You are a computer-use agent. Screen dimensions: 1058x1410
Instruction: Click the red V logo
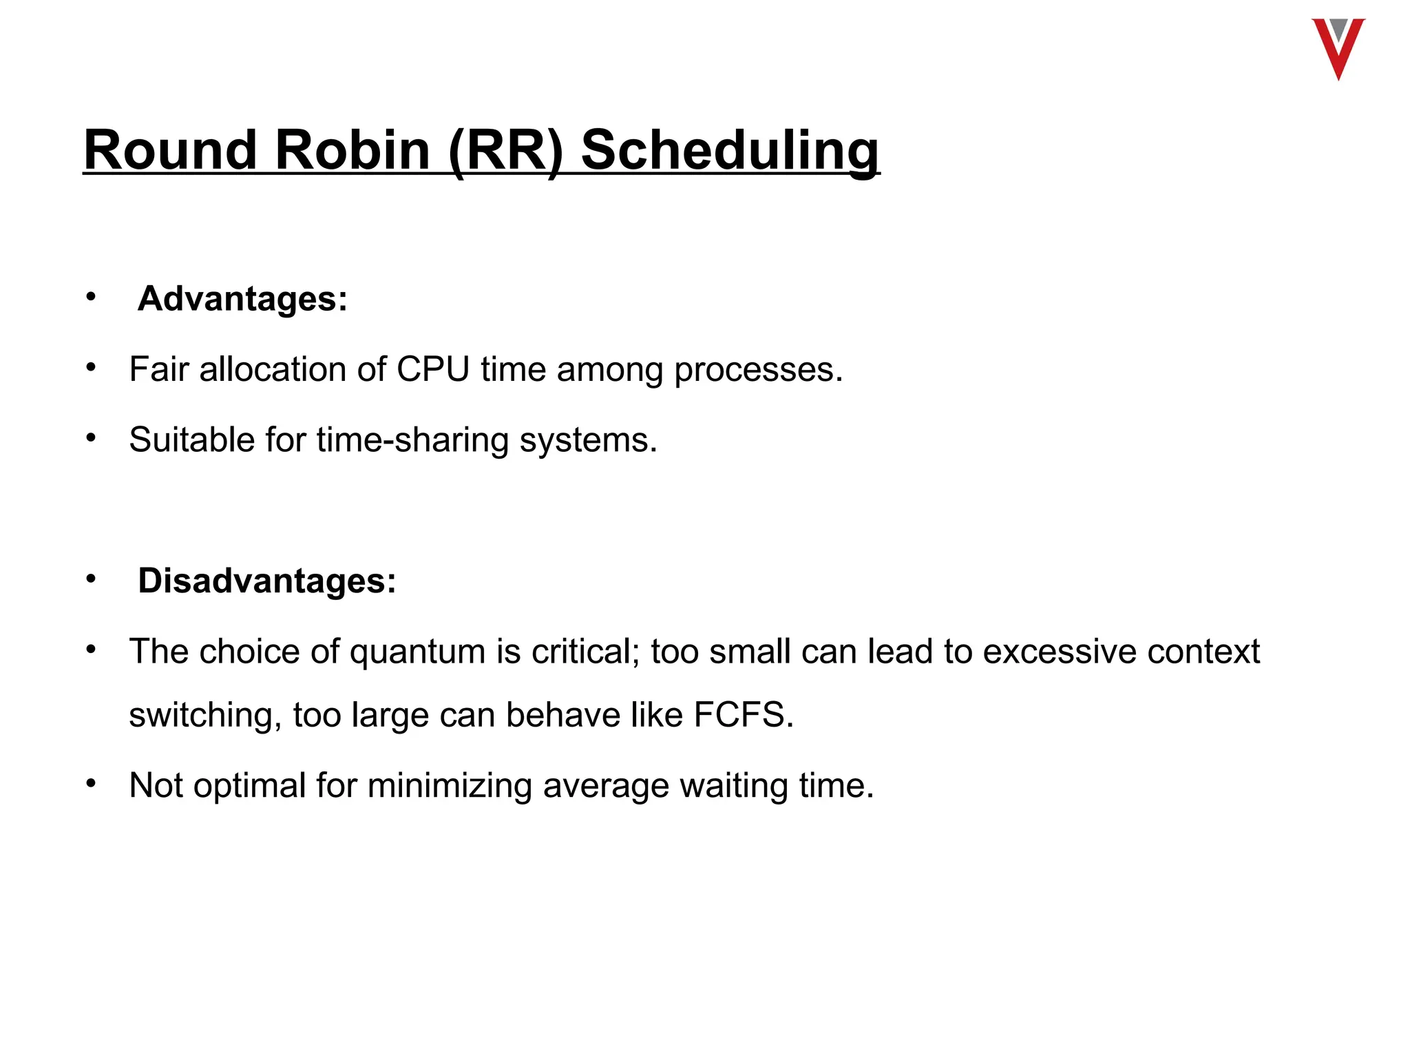coord(1338,48)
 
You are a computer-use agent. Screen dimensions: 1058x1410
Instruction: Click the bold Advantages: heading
coord(242,299)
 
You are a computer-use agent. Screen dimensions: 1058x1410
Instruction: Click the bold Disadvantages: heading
coord(267,581)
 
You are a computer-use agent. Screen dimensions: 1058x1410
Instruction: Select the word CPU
coord(432,369)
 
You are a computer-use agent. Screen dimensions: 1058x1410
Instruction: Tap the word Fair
coord(158,369)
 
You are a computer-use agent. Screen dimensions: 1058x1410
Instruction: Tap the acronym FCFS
coord(742,715)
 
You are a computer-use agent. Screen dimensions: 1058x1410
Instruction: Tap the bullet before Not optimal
coord(91,783)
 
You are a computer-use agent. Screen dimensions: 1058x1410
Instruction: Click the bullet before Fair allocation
coord(91,367)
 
